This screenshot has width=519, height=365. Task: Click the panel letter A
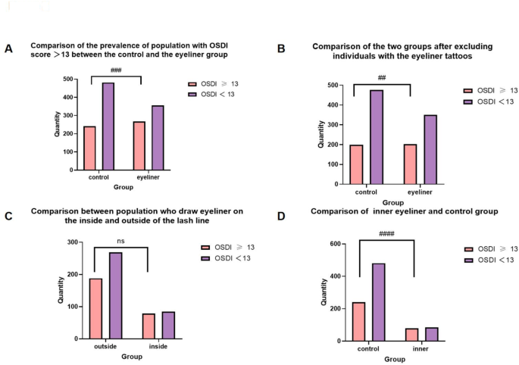(x=8, y=49)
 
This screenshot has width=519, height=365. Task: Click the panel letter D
(x=281, y=217)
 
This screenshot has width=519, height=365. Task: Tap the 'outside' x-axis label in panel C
(x=105, y=347)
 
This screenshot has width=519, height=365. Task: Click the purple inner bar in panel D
(x=431, y=334)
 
